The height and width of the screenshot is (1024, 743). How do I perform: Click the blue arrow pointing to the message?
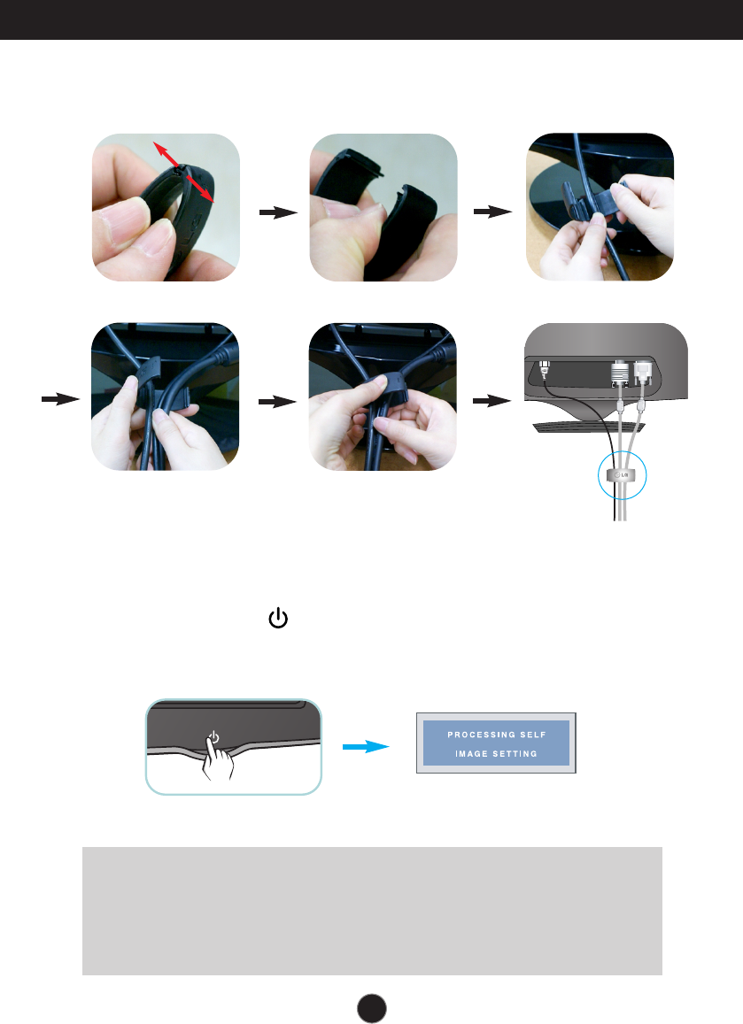(x=367, y=746)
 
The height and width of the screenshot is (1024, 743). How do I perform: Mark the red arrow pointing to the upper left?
(x=161, y=150)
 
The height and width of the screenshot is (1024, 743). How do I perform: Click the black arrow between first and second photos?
(x=276, y=213)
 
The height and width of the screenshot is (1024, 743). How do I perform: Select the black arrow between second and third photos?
(x=493, y=212)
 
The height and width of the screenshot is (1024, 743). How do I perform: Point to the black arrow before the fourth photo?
(x=60, y=401)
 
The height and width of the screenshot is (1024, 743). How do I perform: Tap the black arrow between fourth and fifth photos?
(x=276, y=401)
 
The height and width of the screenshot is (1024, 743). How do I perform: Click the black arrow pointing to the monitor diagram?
(x=493, y=401)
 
